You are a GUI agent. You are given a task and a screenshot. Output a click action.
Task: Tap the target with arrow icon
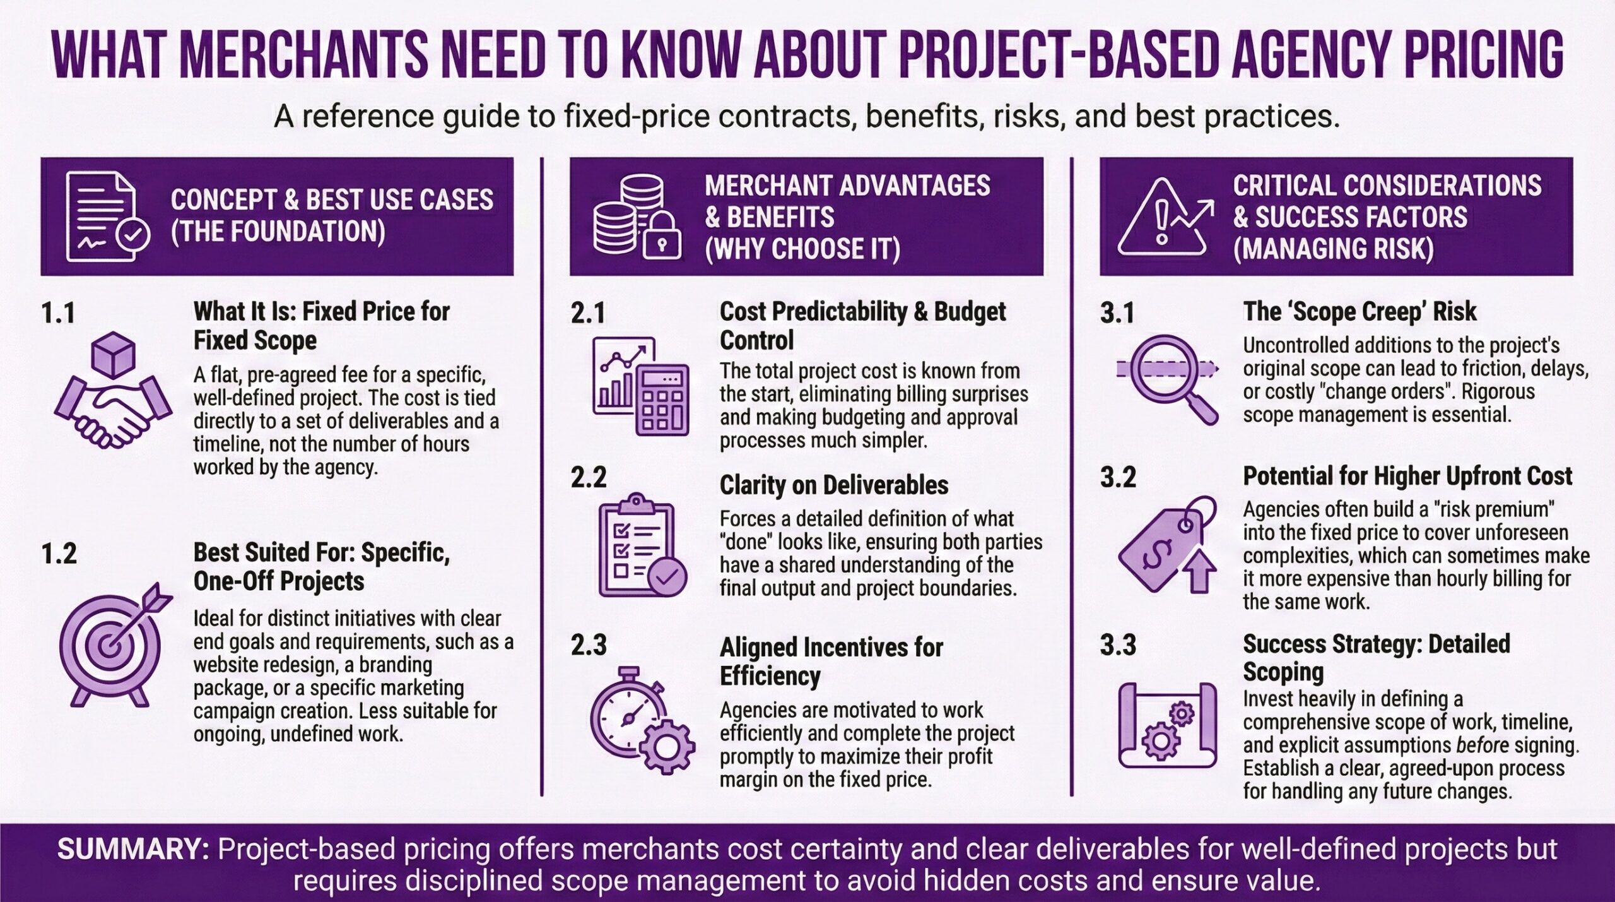point(114,644)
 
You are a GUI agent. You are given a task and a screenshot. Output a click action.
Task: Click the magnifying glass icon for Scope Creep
point(1167,379)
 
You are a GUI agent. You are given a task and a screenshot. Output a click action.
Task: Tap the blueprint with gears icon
point(1167,726)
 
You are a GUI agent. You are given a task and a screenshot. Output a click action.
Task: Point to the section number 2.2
point(588,478)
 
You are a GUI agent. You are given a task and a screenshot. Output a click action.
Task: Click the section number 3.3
point(1118,645)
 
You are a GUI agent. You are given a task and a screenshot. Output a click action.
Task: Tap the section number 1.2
point(59,554)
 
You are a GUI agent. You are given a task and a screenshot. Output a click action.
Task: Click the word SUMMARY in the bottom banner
point(133,850)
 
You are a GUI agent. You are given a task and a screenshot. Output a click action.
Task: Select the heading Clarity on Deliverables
point(833,485)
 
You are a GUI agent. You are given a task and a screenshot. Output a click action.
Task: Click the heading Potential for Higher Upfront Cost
point(1407,477)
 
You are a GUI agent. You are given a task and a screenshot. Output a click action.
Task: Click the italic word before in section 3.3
point(1482,745)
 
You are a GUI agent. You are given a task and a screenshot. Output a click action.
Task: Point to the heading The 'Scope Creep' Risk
point(1360,312)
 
